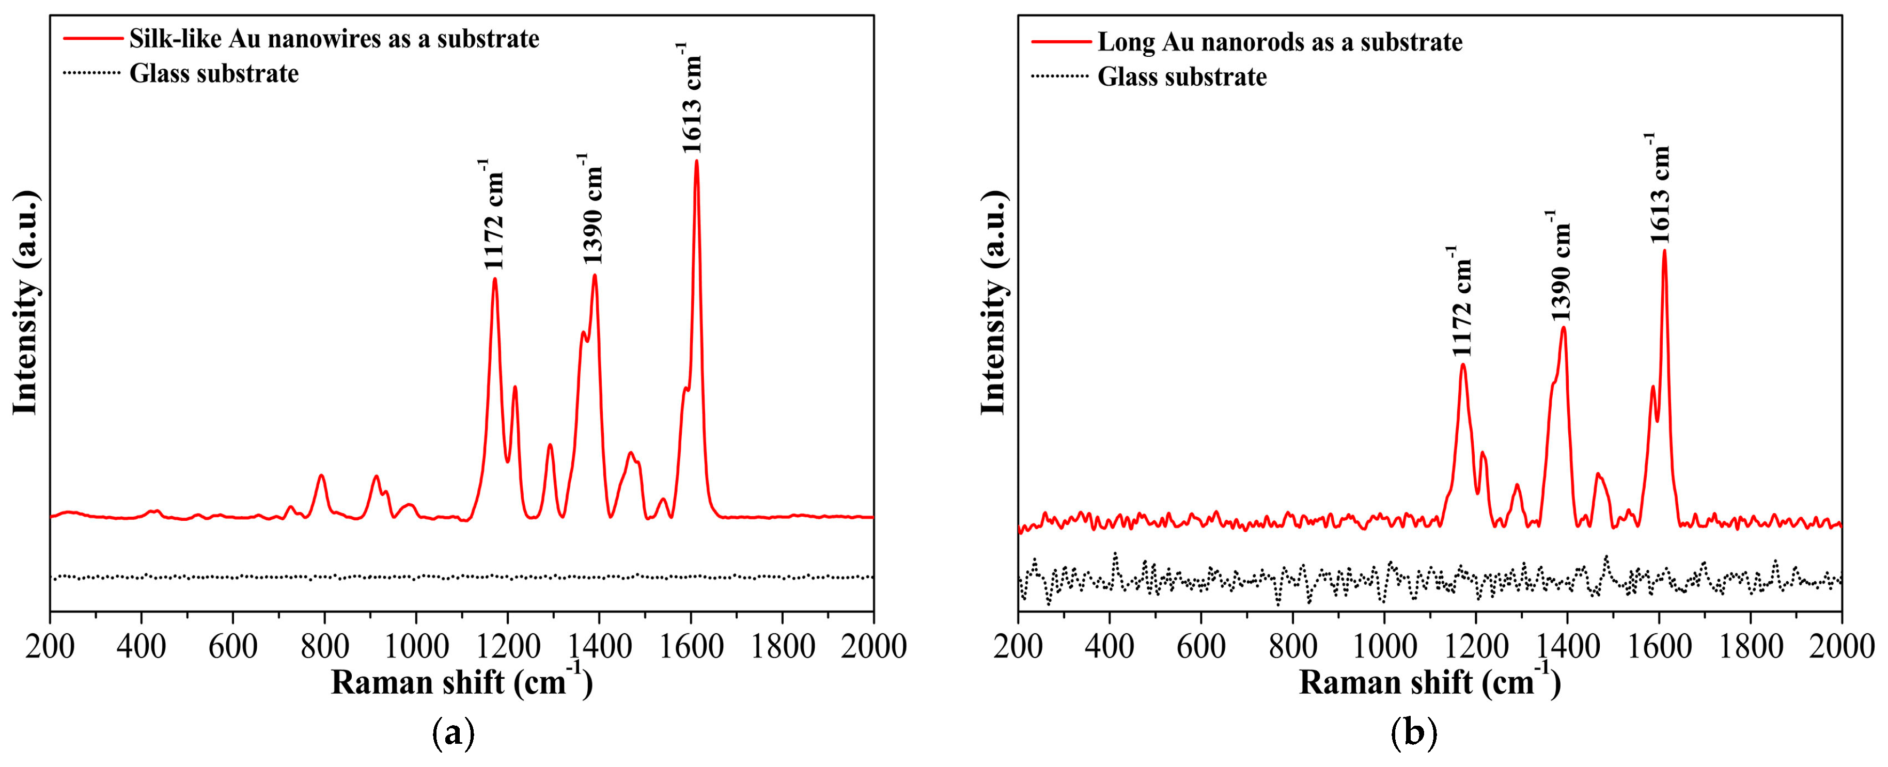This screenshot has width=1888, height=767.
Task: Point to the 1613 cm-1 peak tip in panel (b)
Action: [1664, 252]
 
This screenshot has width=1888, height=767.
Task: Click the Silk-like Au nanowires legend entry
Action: [334, 39]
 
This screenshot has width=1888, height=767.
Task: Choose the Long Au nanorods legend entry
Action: [1279, 42]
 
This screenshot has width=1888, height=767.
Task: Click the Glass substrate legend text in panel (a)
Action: [214, 74]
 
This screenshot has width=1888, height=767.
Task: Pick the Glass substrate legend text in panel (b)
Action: [1181, 77]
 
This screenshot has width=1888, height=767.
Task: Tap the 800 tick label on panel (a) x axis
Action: [324, 646]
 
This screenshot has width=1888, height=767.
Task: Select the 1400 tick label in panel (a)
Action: [599, 646]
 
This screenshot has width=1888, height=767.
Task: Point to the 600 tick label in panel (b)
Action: [1200, 646]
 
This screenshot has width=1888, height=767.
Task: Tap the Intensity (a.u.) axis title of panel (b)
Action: [994, 302]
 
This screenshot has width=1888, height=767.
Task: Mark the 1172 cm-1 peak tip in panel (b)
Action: [1463, 365]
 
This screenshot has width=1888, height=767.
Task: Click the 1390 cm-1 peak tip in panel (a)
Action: [595, 276]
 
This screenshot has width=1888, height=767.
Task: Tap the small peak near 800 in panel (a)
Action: [321, 476]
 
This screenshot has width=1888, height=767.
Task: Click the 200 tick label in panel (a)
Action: [50, 646]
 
